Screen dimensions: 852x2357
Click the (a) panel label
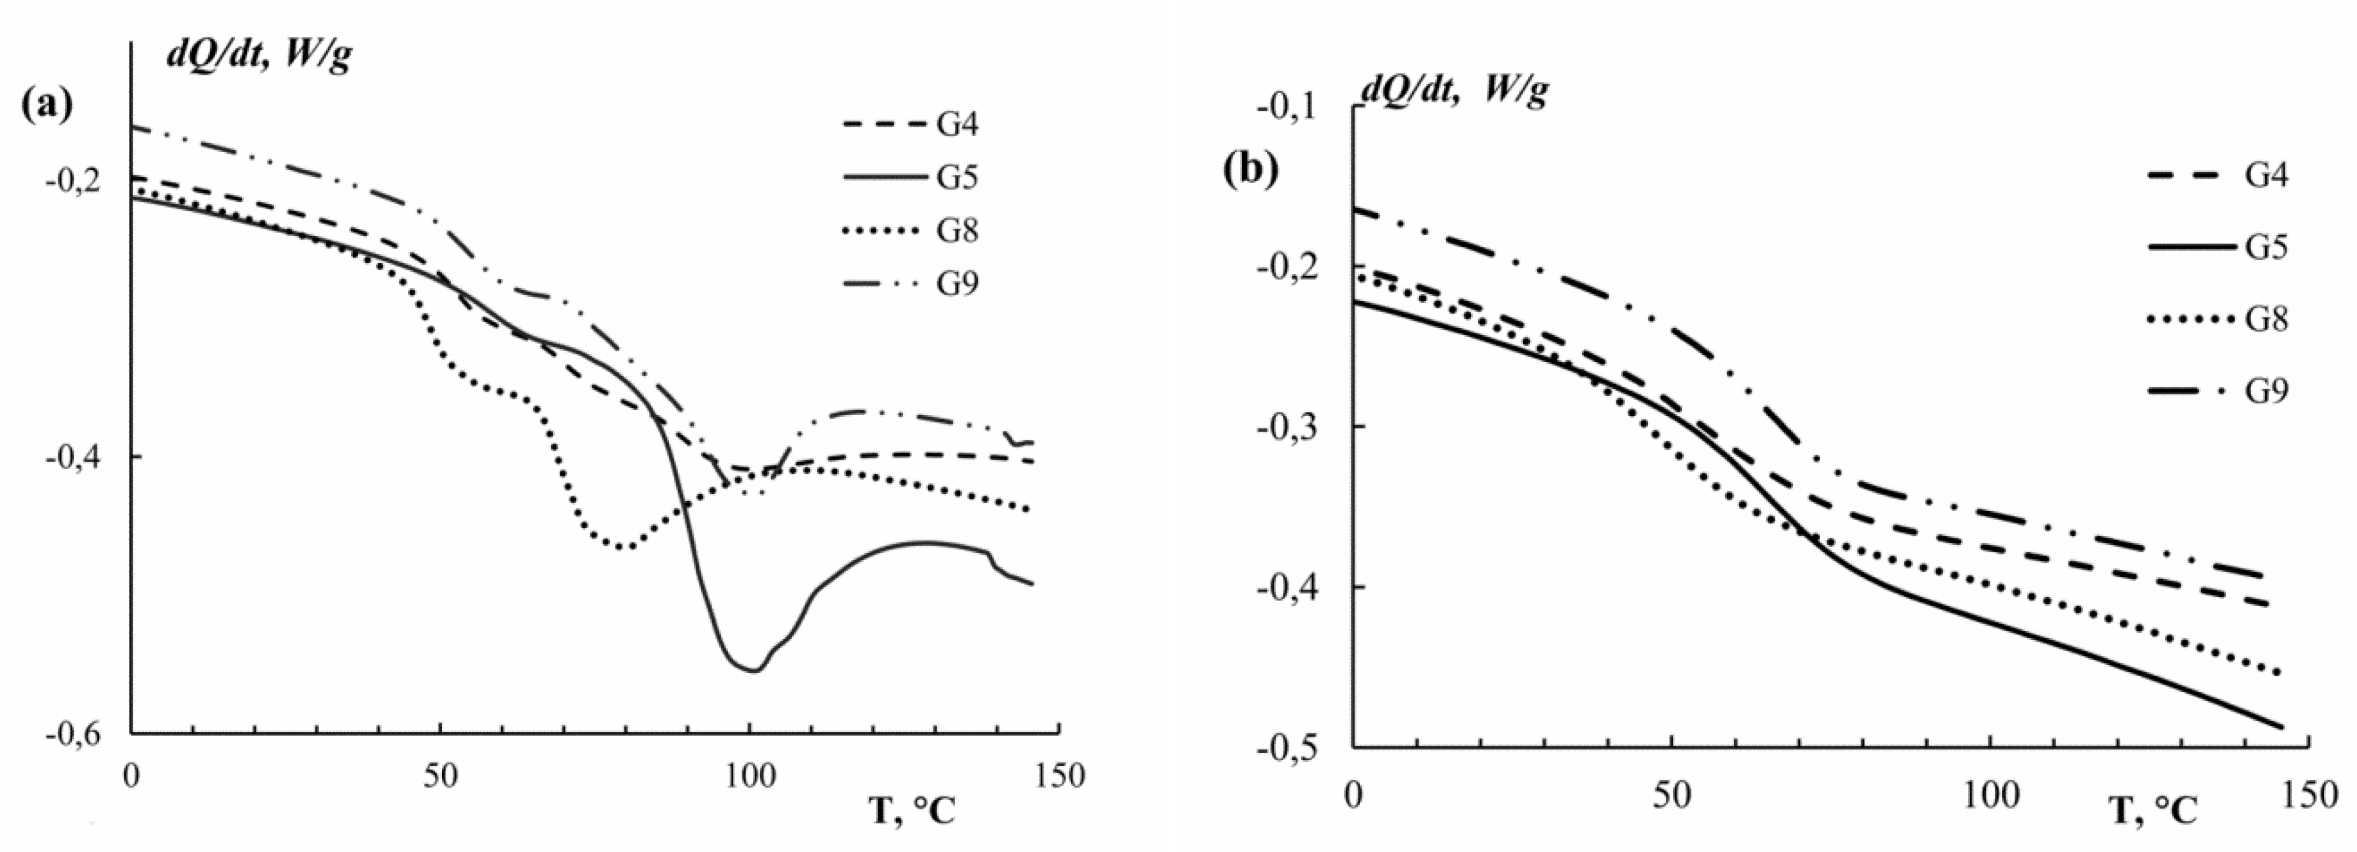coord(46,104)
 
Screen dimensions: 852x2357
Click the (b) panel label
coord(1251,171)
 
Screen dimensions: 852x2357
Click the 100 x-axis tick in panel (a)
coord(750,776)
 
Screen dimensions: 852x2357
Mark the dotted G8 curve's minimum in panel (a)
coord(623,547)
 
